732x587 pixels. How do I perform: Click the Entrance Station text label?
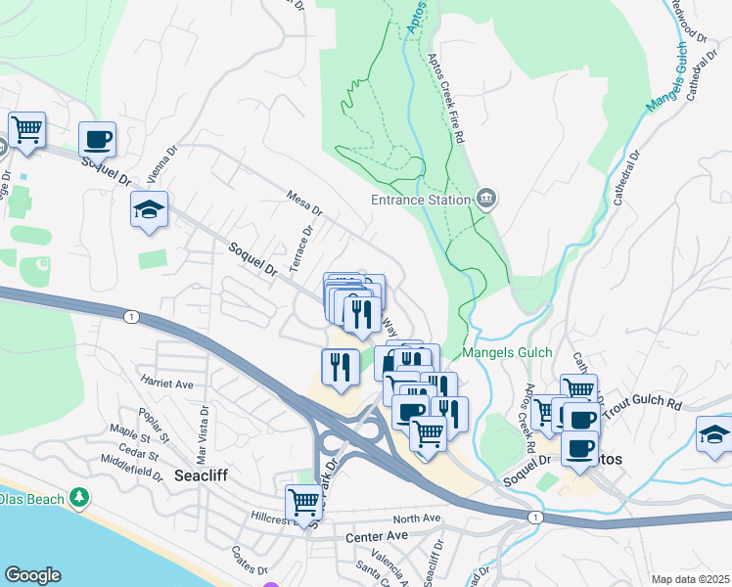click(421, 201)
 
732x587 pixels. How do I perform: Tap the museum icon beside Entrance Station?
click(486, 201)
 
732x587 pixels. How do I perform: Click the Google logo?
click(32, 575)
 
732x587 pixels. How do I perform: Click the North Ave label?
click(418, 519)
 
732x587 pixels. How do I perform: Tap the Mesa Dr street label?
click(304, 202)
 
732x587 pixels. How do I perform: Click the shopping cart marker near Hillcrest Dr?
click(304, 502)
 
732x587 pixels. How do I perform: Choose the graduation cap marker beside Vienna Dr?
click(150, 209)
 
